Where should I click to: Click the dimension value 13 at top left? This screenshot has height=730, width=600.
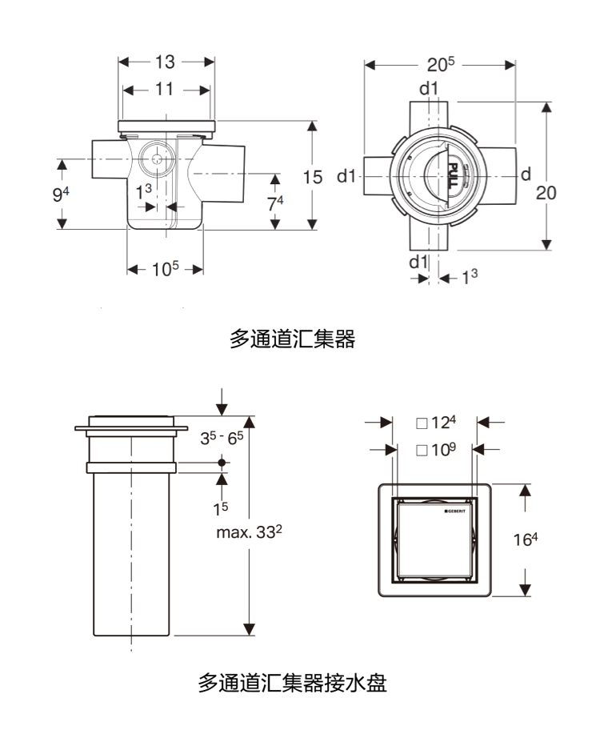pos(165,62)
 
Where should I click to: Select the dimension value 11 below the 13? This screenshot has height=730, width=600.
pos(164,89)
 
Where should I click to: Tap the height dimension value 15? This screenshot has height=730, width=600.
pos(312,178)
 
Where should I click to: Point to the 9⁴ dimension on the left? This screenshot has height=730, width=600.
pos(61,194)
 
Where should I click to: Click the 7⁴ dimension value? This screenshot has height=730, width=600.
pos(275,203)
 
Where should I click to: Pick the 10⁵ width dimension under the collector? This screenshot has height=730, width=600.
pos(166,269)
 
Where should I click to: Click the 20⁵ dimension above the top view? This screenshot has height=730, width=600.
pos(440,64)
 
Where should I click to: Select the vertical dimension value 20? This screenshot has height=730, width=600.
pos(546,193)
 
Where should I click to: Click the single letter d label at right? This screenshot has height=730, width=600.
pos(526,174)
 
